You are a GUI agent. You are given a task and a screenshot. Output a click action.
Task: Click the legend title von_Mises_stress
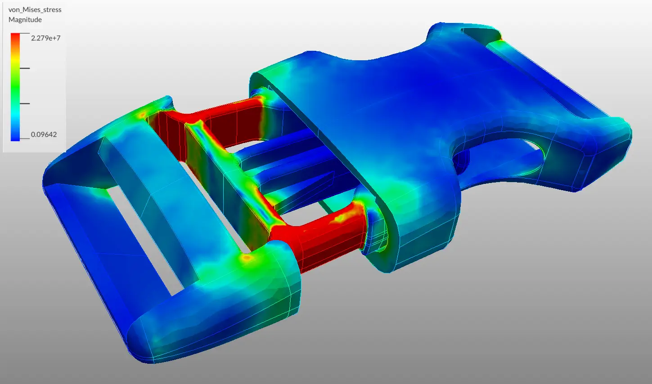tap(35, 9)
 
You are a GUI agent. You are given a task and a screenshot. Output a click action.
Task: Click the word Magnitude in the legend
tap(25, 20)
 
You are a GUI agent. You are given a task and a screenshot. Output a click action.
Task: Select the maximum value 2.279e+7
tap(45, 38)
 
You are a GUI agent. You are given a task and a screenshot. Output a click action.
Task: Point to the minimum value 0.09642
tap(44, 134)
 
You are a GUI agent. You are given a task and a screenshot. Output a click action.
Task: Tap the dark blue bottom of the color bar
tap(15, 137)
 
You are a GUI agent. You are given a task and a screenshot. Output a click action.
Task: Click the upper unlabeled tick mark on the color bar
tap(25, 68)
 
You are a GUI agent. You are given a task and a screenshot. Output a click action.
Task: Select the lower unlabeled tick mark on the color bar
tap(25, 103)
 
